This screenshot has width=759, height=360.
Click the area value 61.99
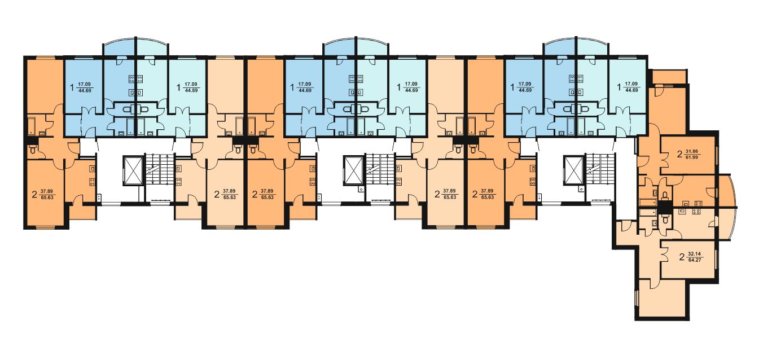tap(691, 157)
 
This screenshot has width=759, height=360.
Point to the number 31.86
tap(691, 151)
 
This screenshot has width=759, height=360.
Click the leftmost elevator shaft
tap(133, 170)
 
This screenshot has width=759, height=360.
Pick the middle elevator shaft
tap(353, 170)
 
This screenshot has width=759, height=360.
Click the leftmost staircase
tap(159, 169)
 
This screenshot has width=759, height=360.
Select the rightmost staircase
tap(599, 169)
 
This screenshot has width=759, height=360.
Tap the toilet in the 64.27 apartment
tap(665, 219)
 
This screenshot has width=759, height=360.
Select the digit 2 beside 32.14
tap(682, 257)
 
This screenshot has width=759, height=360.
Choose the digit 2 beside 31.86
tap(679, 155)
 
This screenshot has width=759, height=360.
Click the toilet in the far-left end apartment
tap(33, 148)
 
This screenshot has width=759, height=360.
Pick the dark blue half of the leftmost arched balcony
tap(120, 47)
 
